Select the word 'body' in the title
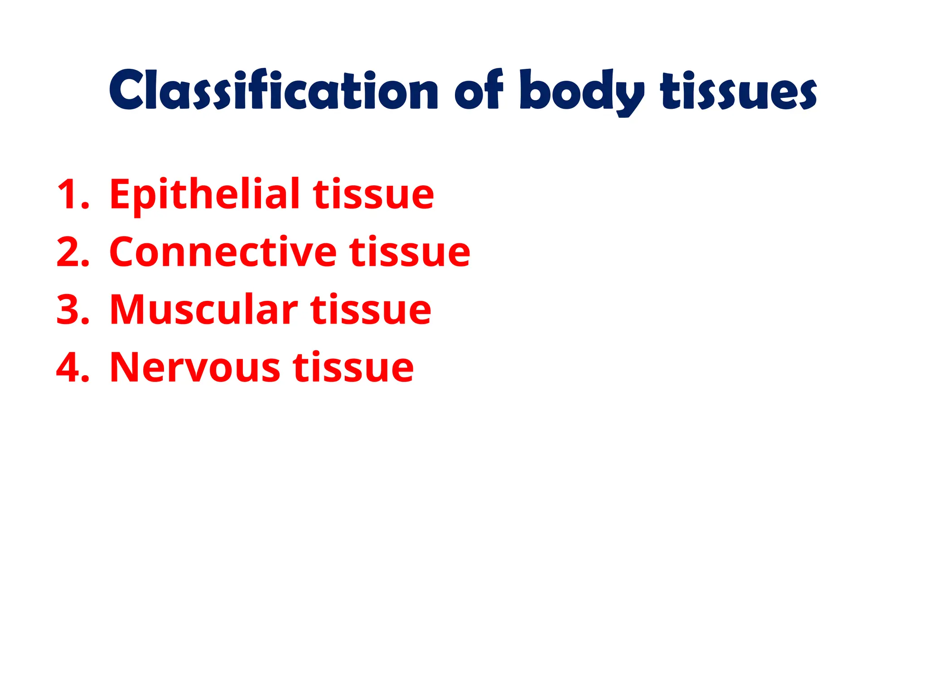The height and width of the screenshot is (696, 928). click(582, 92)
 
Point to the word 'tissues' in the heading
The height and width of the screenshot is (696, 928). click(739, 91)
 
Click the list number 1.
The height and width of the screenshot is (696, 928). click(72, 195)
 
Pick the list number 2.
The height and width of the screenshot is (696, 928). click(72, 252)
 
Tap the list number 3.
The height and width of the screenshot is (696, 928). click(72, 310)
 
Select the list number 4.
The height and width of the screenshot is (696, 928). click(72, 367)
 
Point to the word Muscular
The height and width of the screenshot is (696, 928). click(203, 310)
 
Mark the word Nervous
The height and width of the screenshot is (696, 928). click(195, 367)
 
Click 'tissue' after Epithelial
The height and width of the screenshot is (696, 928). click(373, 195)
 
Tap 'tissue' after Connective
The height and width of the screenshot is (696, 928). click(410, 252)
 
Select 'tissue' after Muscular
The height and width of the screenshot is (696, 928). click(371, 310)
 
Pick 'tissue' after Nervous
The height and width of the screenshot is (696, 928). click(353, 367)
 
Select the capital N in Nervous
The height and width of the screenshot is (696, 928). click(124, 367)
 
